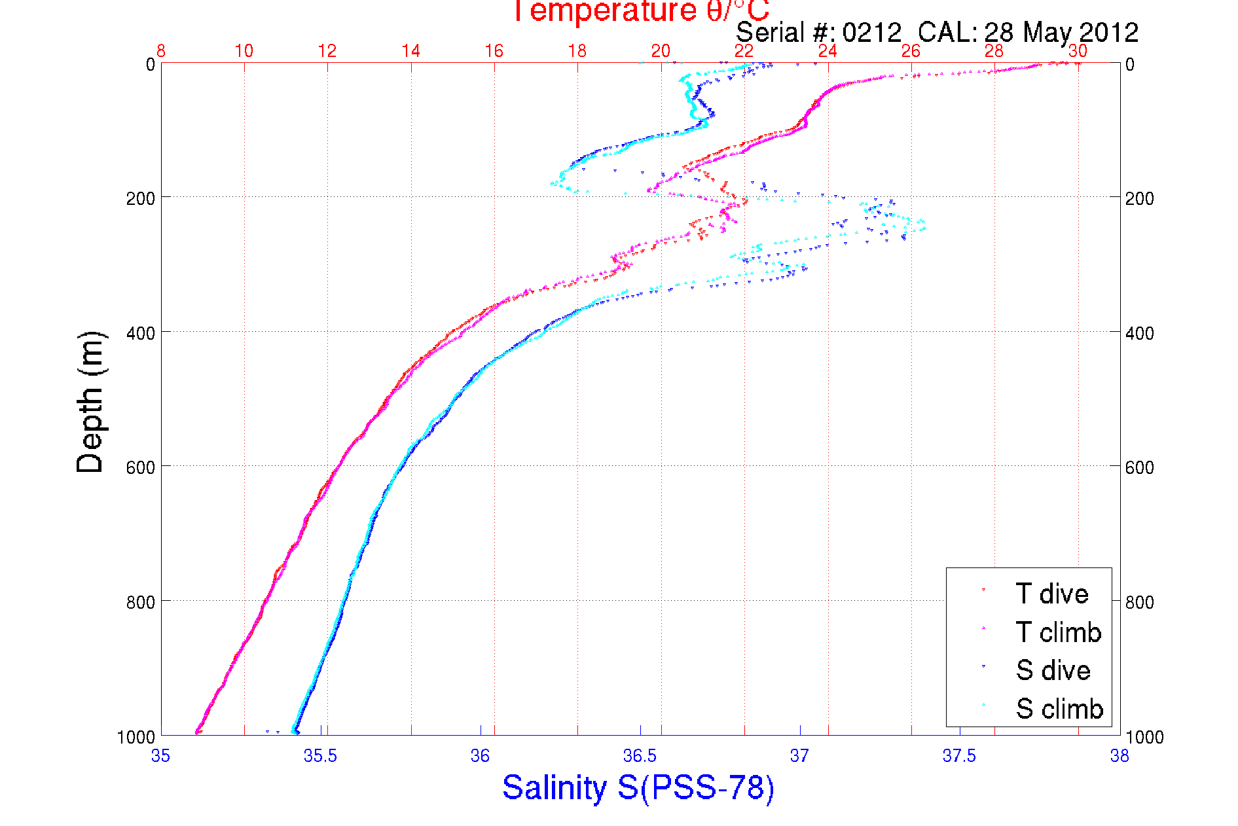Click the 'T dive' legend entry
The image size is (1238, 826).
pyautogui.click(x=1051, y=594)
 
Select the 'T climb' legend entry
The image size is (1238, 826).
pyautogui.click(x=1058, y=632)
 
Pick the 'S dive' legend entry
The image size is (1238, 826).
pyautogui.click(x=1053, y=670)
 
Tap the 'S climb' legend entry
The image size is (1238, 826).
pyautogui.click(x=1059, y=709)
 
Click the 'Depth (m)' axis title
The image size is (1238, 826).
pyautogui.click(x=90, y=402)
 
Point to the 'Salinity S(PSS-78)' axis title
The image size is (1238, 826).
pyautogui.click(x=638, y=787)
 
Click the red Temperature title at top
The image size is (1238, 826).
pyautogui.click(x=640, y=11)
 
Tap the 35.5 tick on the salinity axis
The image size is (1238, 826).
pyautogui.click(x=320, y=757)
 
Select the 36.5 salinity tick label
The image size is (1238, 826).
pyautogui.click(x=640, y=757)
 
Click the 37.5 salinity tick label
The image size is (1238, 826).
pyautogui.click(x=959, y=757)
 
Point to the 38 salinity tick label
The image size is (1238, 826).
pyautogui.click(x=1120, y=757)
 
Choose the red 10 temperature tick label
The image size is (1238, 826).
pyautogui.click(x=244, y=51)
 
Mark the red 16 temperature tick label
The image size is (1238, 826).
pyautogui.click(x=494, y=51)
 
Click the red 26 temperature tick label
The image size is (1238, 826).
pyautogui.click(x=911, y=51)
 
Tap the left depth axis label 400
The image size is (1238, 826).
pyautogui.click(x=141, y=333)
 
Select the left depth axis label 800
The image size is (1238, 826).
pyautogui.click(x=141, y=602)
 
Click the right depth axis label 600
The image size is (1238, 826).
pyautogui.click(x=1140, y=467)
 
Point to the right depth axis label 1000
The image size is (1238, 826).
pyautogui.click(x=1144, y=738)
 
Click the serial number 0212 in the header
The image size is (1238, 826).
pyautogui.click(x=872, y=33)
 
